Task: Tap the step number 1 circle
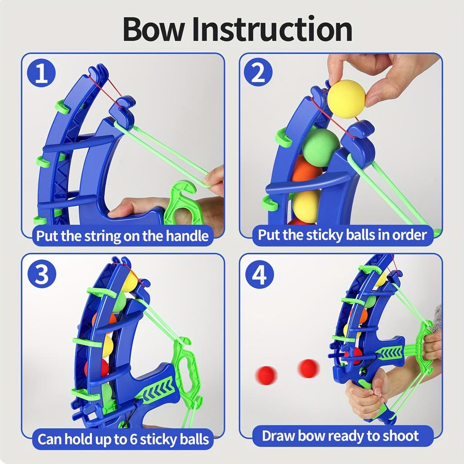pyautogui.click(x=42, y=74)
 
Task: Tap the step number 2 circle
pyautogui.click(x=258, y=74)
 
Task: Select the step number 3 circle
pyautogui.click(x=42, y=274)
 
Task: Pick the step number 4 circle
pyautogui.click(x=259, y=274)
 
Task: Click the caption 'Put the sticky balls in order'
pyautogui.click(x=343, y=235)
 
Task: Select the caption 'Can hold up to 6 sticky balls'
pyautogui.click(x=123, y=439)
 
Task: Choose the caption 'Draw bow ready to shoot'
pyautogui.click(x=340, y=436)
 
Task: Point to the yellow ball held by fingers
pyautogui.click(x=346, y=98)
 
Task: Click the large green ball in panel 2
pyautogui.click(x=321, y=147)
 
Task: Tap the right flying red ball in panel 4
pyautogui.click(x=309, y=368)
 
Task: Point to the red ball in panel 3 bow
pyautogui.click(x=97, y=367)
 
